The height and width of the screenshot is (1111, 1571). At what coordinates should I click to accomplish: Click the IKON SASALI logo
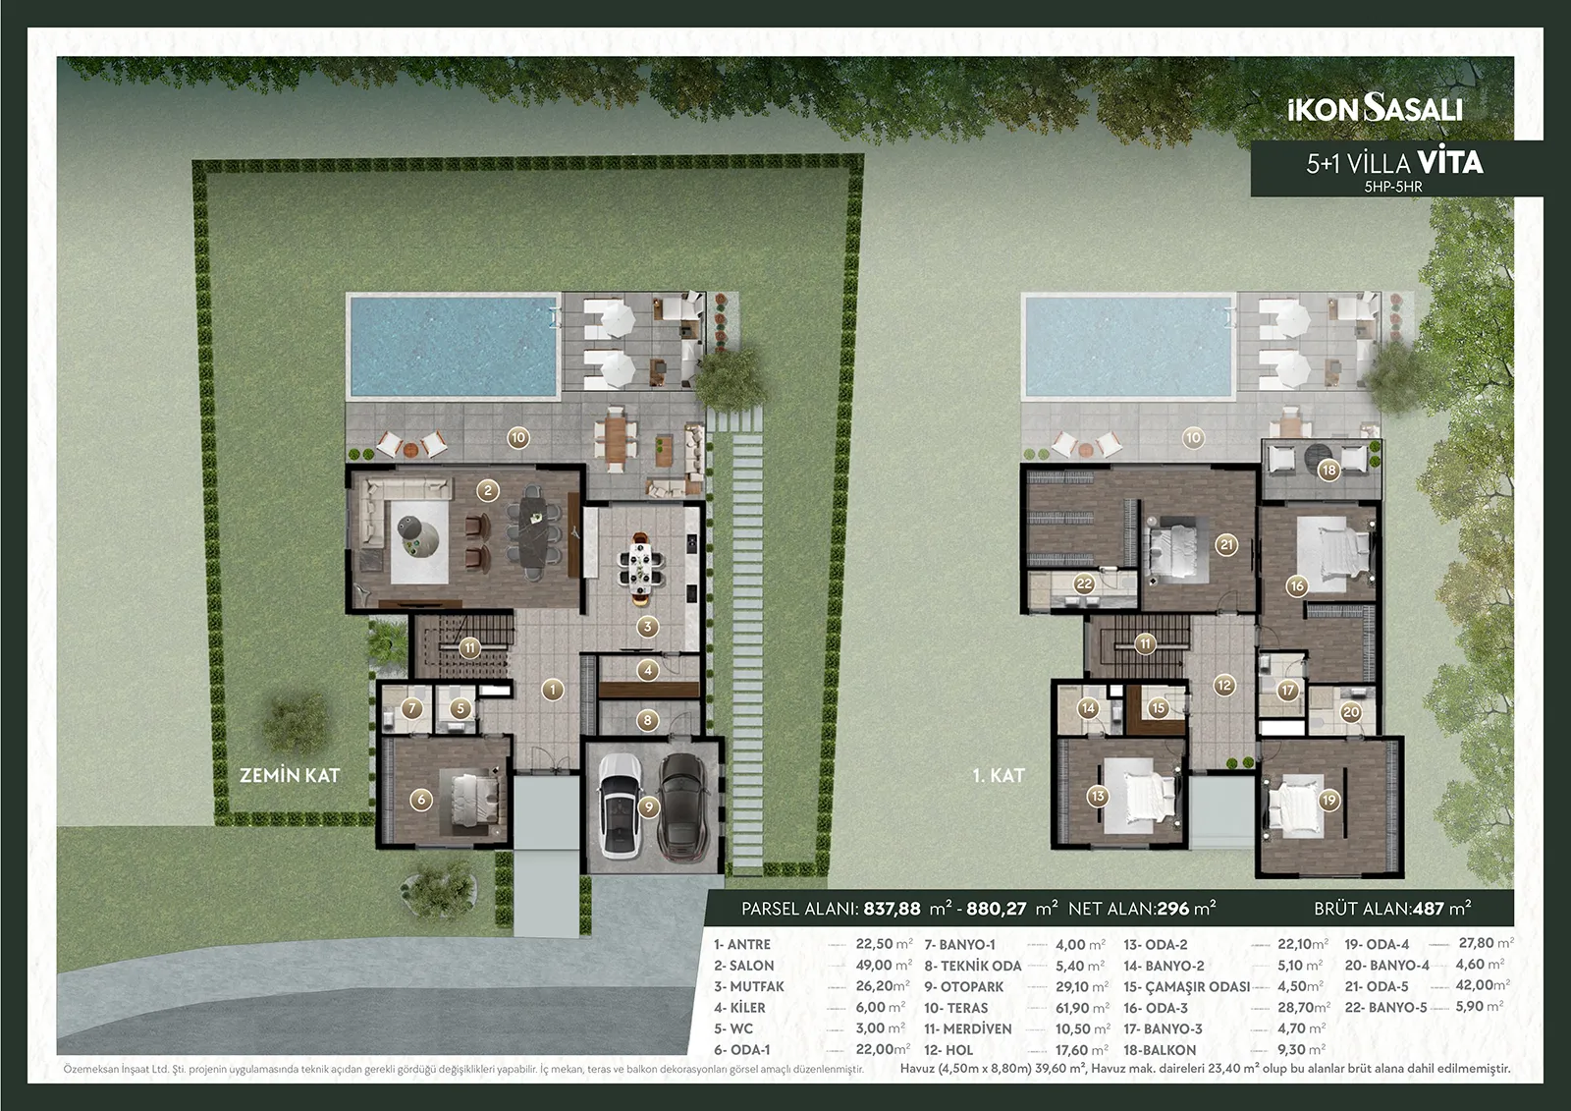coord(1376,109)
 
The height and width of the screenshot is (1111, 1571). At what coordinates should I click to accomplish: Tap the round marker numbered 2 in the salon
coord(488,490)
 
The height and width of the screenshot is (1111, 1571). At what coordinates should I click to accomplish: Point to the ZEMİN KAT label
coord(290,775)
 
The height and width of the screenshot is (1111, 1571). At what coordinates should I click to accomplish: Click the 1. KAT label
coord(999,775)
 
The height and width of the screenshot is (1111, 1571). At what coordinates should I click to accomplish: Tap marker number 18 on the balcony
coord(1329,471)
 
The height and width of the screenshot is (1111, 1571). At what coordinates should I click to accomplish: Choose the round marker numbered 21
coord(1226,544)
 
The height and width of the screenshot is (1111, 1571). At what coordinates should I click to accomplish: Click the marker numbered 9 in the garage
coord(649,807)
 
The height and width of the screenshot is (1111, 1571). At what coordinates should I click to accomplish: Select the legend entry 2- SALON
coord(744,965)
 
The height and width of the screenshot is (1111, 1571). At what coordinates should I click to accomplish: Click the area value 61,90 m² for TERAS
coord(1082,1007)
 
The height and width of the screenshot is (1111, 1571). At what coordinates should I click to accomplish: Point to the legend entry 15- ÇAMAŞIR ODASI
coord(1187,986)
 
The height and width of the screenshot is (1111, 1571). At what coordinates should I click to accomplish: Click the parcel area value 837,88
coord(893,909)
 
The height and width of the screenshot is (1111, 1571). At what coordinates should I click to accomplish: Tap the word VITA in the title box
coord(1450,162)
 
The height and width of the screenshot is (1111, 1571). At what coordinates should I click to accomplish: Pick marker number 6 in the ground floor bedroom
coord(421,799)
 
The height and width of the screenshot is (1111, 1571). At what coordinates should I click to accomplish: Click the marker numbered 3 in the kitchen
coord(647,626)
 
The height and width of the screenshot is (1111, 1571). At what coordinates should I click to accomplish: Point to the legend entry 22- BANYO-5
coord(1385,1007)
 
